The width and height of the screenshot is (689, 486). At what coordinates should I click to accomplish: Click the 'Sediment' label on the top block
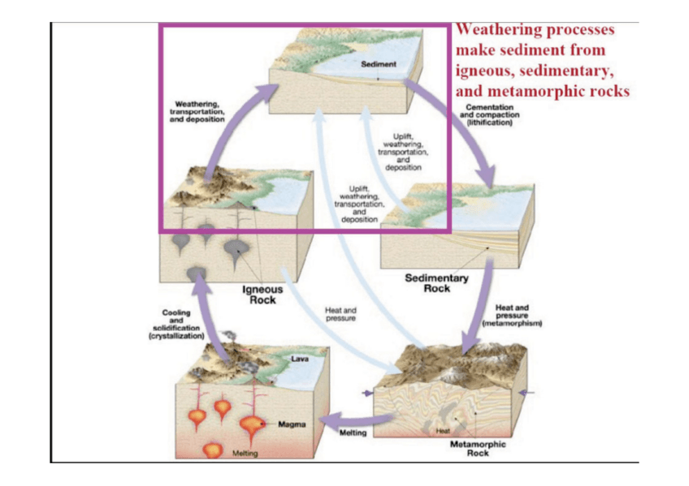tap(379, 64)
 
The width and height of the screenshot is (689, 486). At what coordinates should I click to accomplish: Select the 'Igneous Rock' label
tap(262, 294)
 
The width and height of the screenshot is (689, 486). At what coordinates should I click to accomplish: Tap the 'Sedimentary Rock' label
tap(436, 283)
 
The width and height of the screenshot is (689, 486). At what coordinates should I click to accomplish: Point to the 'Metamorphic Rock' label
tap(477, 449)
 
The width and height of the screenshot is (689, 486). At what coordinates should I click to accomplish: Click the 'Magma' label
tap(291, 424)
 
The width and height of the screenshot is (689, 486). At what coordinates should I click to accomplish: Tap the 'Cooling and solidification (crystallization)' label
tap(176, 324)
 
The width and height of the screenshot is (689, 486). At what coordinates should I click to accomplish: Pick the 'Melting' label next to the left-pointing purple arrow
tap(352, 433)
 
